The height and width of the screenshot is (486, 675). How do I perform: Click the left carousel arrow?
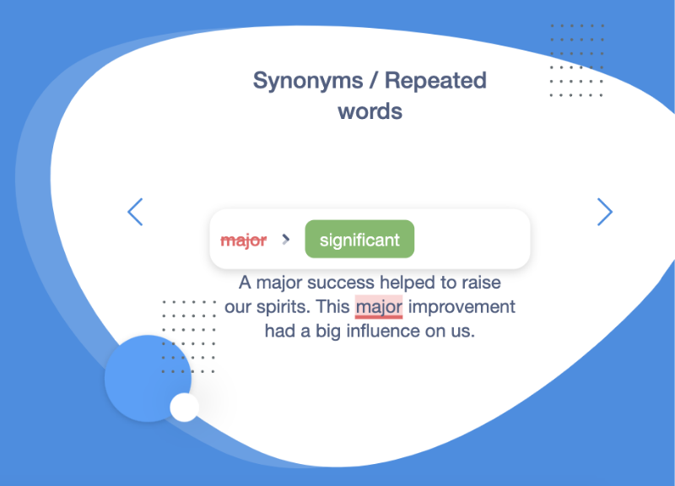coord(135,212)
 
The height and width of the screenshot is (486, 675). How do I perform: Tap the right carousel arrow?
coord(605,212)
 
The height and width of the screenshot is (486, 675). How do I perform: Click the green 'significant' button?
coord(359,240)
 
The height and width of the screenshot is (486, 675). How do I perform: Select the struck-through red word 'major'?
coord(244,240)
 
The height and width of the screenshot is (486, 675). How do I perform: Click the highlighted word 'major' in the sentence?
coord(379,307)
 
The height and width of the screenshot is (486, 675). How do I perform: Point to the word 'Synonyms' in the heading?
coord(308,80)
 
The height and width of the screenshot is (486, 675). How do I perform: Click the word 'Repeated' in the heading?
coord(435,80)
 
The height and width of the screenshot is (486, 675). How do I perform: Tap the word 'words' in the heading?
coord(370,111)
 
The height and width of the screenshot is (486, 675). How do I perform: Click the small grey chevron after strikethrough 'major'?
coord(285,240)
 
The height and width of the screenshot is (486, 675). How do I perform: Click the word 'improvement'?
coord(462,307)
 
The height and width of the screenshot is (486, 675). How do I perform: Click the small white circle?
coord(184,408)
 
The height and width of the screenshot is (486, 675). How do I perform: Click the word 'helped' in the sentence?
coord(408,283)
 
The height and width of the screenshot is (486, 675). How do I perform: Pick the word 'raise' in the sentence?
coord(481,283)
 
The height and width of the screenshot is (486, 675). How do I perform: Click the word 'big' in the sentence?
coord(328,332)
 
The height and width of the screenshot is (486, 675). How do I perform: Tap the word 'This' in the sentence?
coord(332,307)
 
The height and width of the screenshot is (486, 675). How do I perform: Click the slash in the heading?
coord(374,80)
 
